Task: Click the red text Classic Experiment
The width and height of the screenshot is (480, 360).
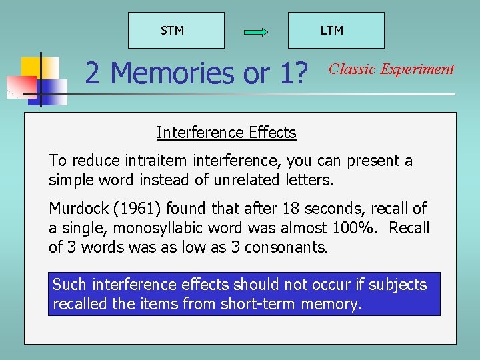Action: pos(392,69)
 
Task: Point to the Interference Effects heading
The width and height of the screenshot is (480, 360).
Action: pos(226,133)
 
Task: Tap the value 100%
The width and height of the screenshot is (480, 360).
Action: pos(355,227)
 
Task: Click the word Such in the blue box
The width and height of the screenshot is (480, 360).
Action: pos(69,285)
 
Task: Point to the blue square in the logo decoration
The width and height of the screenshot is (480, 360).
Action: pos(55,87)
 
